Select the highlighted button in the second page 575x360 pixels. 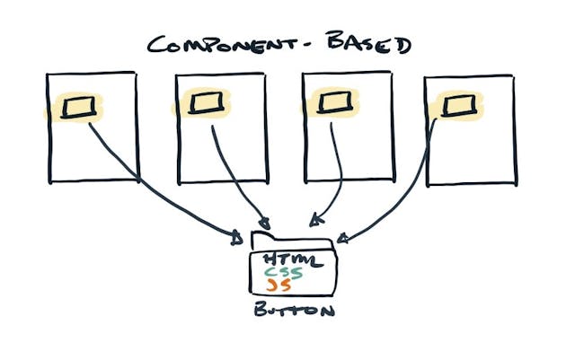click(204, 106)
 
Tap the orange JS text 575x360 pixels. click(274, 286)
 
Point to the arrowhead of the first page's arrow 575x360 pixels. click(236, 238)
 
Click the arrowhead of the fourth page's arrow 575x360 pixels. click(342, 239)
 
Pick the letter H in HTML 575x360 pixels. click(270, 260)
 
